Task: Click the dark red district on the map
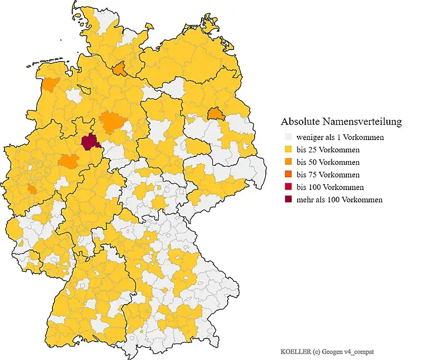point(89,141)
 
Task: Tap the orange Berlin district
point(216,113)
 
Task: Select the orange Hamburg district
point(119,70)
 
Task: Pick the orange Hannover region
point(111,122)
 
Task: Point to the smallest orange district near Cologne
point(31,189)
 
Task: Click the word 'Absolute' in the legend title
point(300,122)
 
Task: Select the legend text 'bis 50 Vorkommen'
point(328,162)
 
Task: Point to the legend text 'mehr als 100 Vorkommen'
point(339,200)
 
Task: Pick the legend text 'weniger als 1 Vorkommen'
point(340,138)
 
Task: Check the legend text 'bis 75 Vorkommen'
point(328,175)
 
